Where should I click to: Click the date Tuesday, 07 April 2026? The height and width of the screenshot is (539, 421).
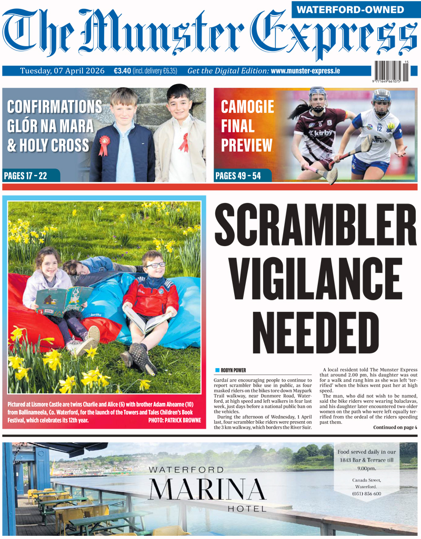[x=62, y=71]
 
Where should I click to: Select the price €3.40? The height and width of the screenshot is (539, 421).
[x=122, y=71]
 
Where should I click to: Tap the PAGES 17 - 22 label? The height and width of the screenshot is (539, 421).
[x=25, y=176]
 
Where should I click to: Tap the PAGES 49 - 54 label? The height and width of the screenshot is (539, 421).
[x=238, y=176]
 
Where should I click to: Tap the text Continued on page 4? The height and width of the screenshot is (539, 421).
[x=395, y=427]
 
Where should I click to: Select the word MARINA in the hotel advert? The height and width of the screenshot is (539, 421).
[x=207, y=490]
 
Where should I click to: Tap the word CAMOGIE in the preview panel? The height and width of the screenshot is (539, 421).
[x=247, y=107]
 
